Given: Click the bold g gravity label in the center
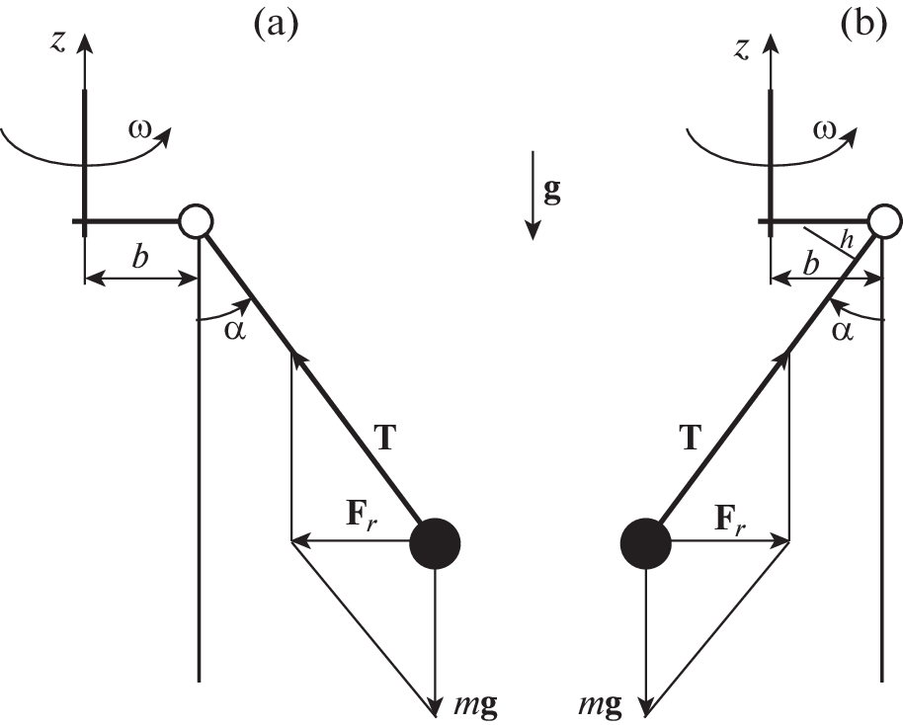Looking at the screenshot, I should (552, 191).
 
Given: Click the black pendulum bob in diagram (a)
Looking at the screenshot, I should (435, 541).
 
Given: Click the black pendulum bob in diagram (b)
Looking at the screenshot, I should (646, 541).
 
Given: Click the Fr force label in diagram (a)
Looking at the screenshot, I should (362, 517).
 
